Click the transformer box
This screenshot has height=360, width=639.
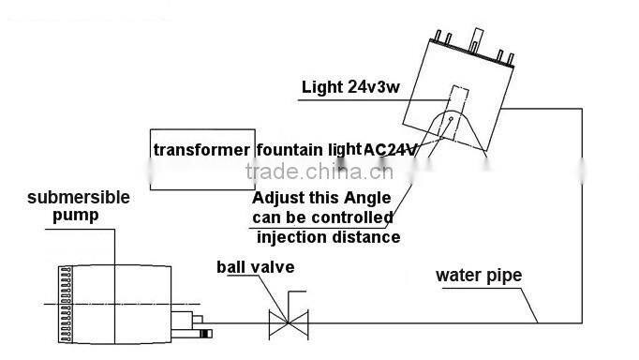[x=201, y=159]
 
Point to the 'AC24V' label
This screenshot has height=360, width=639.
[x=390, y=149]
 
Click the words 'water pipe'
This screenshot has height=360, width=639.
[x=479, y=276]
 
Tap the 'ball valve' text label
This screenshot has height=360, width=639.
[x=255, y=267]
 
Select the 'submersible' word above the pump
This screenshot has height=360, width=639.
[x=79, y=198]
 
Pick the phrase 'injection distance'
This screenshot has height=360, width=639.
[x=328, y=236]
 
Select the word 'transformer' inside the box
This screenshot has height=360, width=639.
[x=201, y=150]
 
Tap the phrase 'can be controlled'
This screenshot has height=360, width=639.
[x=322, y=217]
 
